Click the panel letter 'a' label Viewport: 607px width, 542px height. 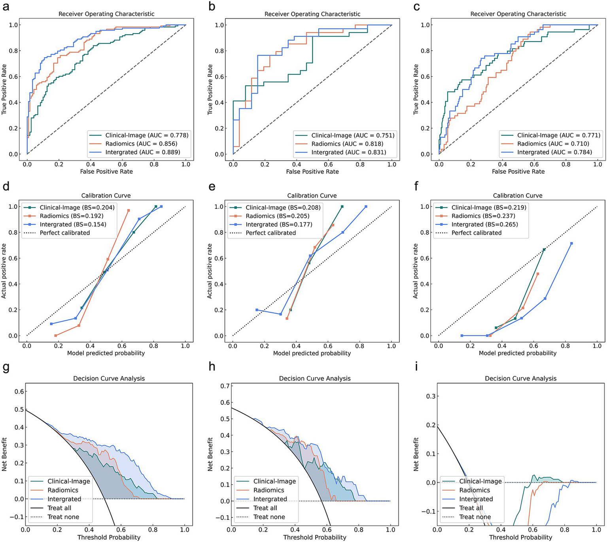tap(6, 7)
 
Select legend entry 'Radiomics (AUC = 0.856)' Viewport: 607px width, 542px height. tap(141, 144)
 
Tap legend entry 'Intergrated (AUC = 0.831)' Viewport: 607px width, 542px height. tap(348, 152)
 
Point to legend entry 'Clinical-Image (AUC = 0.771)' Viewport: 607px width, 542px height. tap(558, 135)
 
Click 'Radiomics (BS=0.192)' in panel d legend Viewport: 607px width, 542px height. tap(71, 216)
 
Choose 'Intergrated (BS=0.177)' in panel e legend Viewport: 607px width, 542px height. tap(279, 224)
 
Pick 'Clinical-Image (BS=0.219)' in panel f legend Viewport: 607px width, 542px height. tap(489, 207)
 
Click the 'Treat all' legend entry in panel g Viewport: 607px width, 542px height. tap(59, 508)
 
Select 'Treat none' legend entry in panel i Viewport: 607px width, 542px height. tap(475, 517)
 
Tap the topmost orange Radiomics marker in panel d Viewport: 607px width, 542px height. tap(129, 210)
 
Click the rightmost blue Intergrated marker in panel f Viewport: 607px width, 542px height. tap(571, 243)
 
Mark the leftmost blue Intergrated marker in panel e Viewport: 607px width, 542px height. tap(257, 310)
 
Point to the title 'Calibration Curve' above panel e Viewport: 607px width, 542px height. tap(312, 195)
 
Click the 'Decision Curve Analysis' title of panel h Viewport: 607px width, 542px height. tap(315, 378)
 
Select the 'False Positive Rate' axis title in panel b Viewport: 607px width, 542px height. tap(312, 171)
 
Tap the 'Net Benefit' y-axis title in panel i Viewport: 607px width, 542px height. tap(416, 454)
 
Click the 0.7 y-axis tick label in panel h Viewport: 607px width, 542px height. tap(224, 386)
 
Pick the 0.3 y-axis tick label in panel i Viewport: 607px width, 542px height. tap(430, 396)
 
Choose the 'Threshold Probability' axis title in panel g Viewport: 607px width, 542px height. tap(109, 537)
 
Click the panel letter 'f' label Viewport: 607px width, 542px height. tap(416, 186)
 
